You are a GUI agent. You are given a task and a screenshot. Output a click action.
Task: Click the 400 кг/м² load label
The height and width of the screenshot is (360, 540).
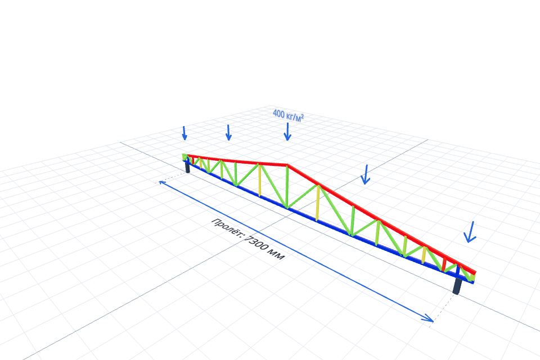coord(288,115)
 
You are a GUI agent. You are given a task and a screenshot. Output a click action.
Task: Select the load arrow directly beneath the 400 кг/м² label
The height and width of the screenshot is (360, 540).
coord(287,132)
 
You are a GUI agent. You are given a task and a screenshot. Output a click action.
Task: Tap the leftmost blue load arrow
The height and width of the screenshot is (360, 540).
coord(184,133)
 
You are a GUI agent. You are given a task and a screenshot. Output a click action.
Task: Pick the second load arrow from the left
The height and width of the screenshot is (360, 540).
coord(228,133)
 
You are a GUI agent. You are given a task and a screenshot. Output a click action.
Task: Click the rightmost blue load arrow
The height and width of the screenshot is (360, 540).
coord(470,232)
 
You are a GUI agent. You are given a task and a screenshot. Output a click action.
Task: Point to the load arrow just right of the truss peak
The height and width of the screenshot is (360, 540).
coord(366,174)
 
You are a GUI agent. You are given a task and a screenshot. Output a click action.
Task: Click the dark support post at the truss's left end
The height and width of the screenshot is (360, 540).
coord(187,166)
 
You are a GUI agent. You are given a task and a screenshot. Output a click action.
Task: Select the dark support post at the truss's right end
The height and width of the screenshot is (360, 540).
coord(457,286)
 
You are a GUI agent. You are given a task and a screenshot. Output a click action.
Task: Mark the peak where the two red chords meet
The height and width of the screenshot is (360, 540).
coord(287,165)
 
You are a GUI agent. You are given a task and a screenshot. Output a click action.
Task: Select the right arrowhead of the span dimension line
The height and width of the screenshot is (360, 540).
coord(429,319)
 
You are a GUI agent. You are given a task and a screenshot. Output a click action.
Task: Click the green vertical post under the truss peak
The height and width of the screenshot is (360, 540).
coord(287,187)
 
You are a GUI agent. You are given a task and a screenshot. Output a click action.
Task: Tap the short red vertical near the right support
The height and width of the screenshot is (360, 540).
coord(444,264)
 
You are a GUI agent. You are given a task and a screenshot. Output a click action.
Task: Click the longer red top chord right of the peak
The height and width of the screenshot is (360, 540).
coord(381,220)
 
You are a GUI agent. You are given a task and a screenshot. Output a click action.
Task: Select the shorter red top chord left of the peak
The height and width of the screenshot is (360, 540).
coord(236,160)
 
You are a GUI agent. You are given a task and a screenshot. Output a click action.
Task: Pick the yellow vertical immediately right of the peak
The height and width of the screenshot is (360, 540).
coord(318,203)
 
